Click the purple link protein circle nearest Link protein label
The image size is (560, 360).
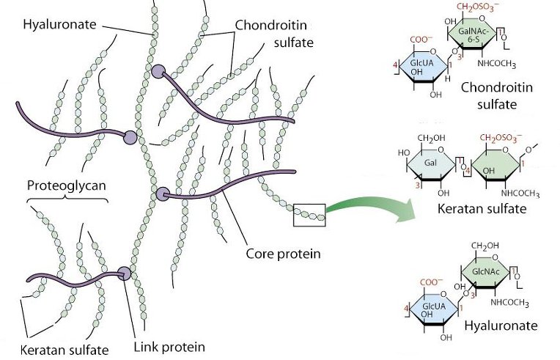pos(124,273)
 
